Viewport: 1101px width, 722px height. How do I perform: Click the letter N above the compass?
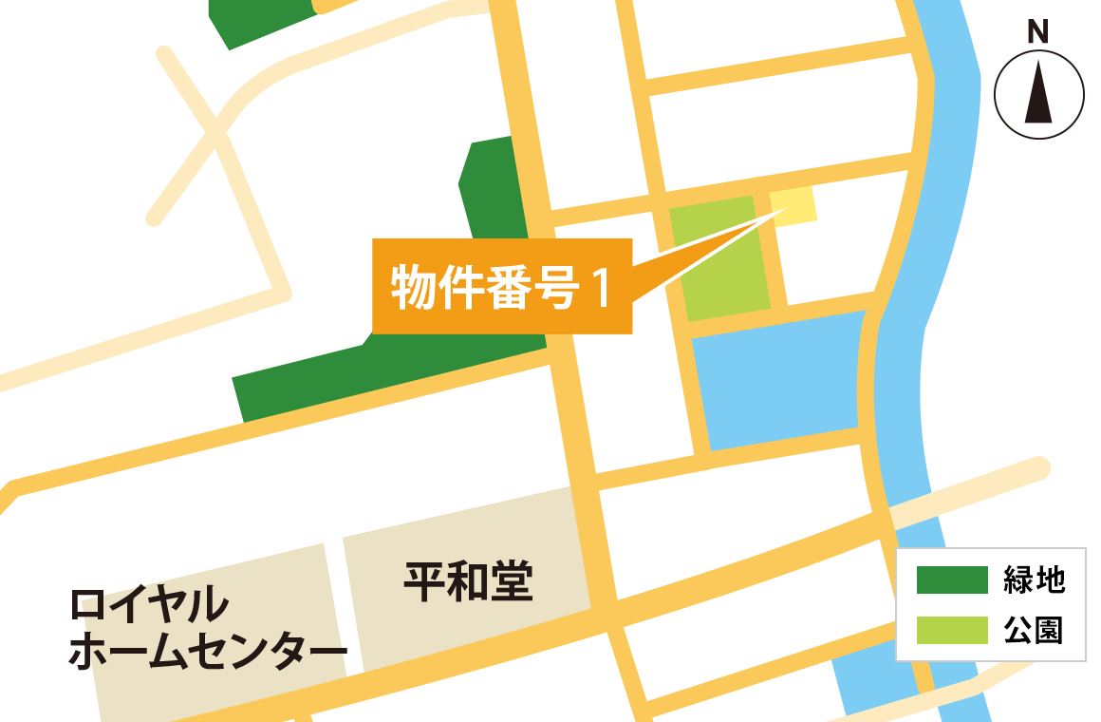(1038, 32)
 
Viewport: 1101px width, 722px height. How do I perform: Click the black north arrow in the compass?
(1038, 93)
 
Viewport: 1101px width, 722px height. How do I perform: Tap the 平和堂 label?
(468, 581)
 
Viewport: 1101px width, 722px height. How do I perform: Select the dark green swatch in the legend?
(951, 579)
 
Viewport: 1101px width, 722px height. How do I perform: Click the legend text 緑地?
(1035, 579)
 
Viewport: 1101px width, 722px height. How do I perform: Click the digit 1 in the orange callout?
(599, 287)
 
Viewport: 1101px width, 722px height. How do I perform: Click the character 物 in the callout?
(409, 287)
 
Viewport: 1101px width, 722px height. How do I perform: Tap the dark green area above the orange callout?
(494, 190)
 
